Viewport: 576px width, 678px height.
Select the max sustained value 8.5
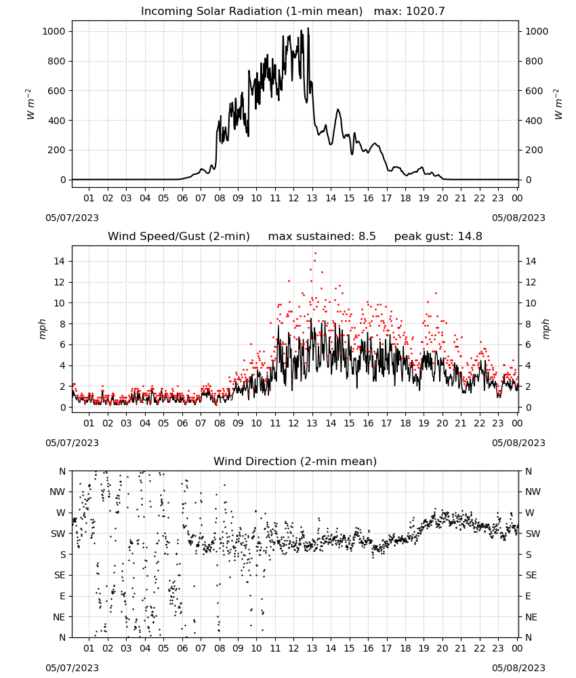(367, 236)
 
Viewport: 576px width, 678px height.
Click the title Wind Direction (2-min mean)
(295, 461)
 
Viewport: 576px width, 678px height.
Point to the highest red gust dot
(315, 253)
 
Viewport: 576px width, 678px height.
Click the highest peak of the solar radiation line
(308, 28)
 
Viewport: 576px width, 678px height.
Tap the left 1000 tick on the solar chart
(54, 31)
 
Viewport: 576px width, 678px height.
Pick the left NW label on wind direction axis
(58, 492)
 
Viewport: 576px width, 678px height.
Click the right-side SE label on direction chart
(531, 575)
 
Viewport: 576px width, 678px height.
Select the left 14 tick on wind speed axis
(60, 261)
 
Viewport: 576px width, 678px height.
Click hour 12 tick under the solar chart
(293, 198)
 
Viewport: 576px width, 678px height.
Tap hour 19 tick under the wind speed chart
(424, 423)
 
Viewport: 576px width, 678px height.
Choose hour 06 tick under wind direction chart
(182, 648)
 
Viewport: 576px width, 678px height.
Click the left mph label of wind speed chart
(42, 329)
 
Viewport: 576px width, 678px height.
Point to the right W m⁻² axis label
(558, 104)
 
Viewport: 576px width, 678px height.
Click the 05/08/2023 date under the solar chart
(518, 218)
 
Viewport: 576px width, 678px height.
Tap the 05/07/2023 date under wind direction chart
(72, 668)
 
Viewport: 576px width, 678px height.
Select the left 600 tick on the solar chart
(57, 91)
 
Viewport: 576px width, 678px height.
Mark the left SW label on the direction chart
(58, 534)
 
